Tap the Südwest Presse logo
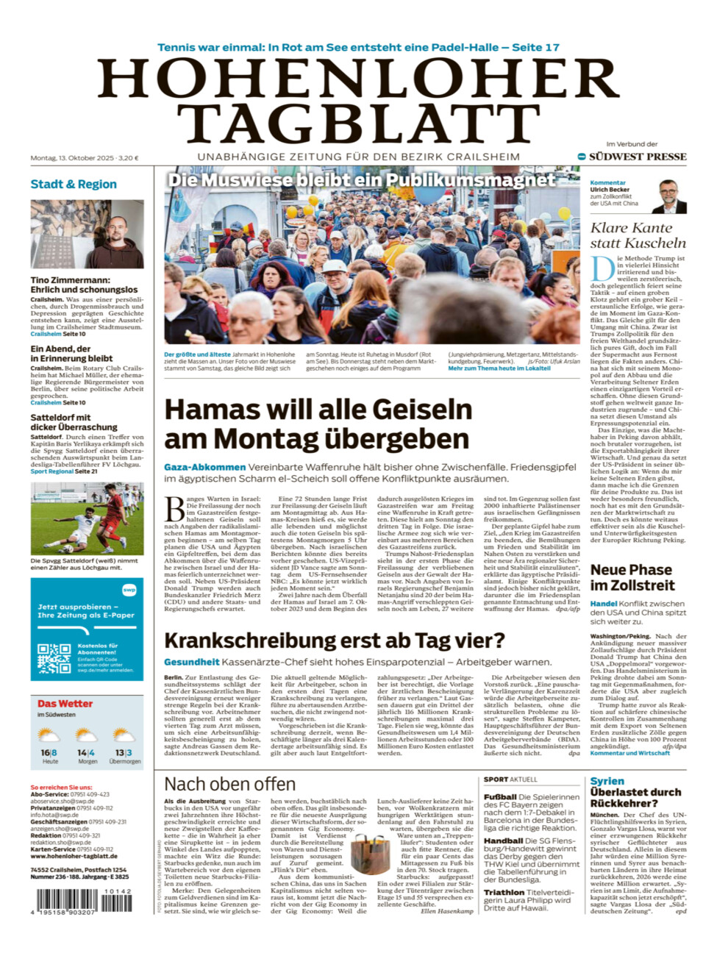[x=632, y=157]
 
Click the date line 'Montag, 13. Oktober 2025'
[x=72, y=158]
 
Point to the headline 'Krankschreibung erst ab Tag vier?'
[x=335, y=641]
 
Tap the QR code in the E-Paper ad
[x=54, y=659]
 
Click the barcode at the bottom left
[x=83, y=902]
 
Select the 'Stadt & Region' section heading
[x=74, y=184]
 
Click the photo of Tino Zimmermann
[x=87, y=234]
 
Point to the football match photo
[x=87, y=518]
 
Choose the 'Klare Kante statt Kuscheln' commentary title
[x=638, y=235]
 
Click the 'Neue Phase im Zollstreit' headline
[x=632, y=577]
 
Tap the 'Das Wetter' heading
[x=65, y=704]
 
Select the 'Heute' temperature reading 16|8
[x=49, y=753]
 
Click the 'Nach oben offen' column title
[x=229, y=784]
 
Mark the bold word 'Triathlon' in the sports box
[x=504, y=893]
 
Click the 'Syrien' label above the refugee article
[x=607, y=781]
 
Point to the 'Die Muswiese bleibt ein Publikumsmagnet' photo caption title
[x=361, y=180]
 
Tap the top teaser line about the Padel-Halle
[x=358, y=47]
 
